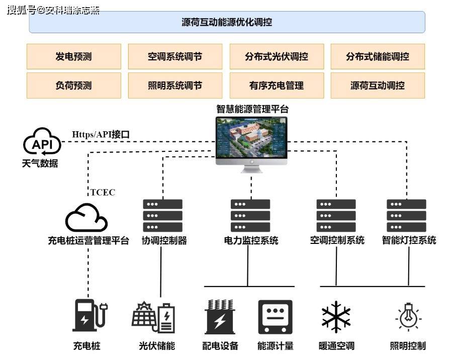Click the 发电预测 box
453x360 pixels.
coord(73,56)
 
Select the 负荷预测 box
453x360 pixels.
coord(73,85)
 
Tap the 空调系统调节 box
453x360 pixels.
coord(174,56)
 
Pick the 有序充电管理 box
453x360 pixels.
coord(276,85)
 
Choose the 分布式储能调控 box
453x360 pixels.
coord(377,56)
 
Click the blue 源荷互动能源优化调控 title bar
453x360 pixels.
coord(227,22)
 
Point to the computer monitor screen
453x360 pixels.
coord(251,140)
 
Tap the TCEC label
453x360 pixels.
coord(103,192)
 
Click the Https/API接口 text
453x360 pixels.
coord(101,134)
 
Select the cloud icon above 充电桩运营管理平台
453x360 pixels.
coord(86,219)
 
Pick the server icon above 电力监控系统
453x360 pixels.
coord(250,215)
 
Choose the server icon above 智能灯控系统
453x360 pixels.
coord(406,215)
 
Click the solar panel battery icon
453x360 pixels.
coord(153,317)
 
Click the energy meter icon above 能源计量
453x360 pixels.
coord(275,317)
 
